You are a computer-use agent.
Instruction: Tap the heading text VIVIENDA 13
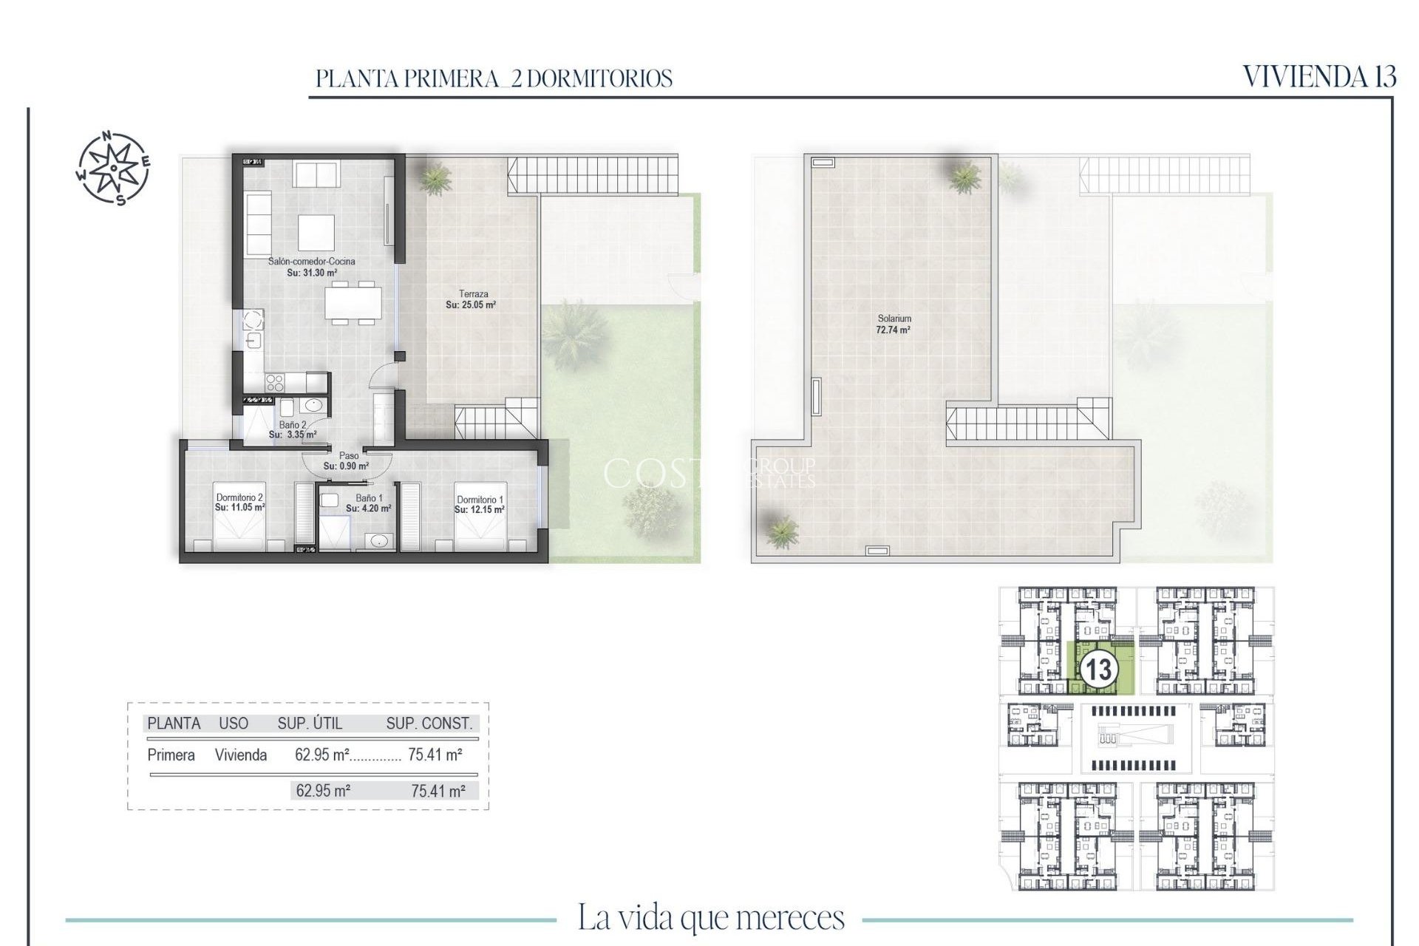pyautogui.click(x=1319, y=77)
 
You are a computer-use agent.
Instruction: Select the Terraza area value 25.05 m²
pyautogui.click(x=471, y=304)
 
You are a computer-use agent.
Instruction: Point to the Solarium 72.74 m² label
pyautogui.click(x=894, y=324)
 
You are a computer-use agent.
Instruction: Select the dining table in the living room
pyautogui.click(x=353, y=302)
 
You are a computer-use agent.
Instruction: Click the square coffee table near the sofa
pyautogui.click(x=316, y=233)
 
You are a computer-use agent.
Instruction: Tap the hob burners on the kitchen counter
pyautogui.click(x=275, y=382)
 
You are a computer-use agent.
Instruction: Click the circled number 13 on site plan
pyautogui.click(x=1098, y=670)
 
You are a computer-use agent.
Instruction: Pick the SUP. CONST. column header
pyautogui.click(x=429, y=724)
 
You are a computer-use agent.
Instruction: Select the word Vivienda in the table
pyautogui.click(x=241, y=755)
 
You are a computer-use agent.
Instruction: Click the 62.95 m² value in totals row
pyautogui.click(x=323, y=791)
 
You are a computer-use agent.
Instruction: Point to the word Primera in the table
pyautogui.click(x=171, y=755)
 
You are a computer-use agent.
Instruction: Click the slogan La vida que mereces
pyautogui.click(x=710, y=918)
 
